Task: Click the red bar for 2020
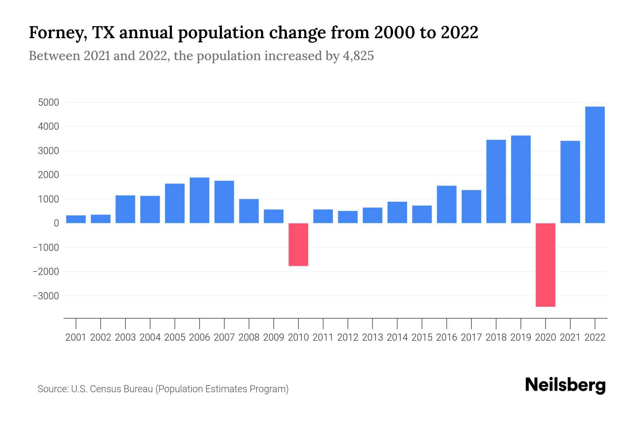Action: pos(546,265)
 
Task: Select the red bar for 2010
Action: pos(298,245)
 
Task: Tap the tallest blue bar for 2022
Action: pos(595,165)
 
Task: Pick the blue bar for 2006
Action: pos(199,200)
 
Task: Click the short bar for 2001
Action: pos(76,219)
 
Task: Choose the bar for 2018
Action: pos(496,182)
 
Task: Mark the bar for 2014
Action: pos(397,212)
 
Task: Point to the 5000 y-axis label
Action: pos(49,103)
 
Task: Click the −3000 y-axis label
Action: pos(46,296)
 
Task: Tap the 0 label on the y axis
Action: pos(56,223)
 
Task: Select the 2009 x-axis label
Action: pos(273,337)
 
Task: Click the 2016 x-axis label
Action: pos(447,337)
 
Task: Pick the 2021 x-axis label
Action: pos(570,337)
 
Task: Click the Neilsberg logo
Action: pos(565,385)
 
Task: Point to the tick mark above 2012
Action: pos(348,323)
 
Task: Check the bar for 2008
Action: pos(249,211)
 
